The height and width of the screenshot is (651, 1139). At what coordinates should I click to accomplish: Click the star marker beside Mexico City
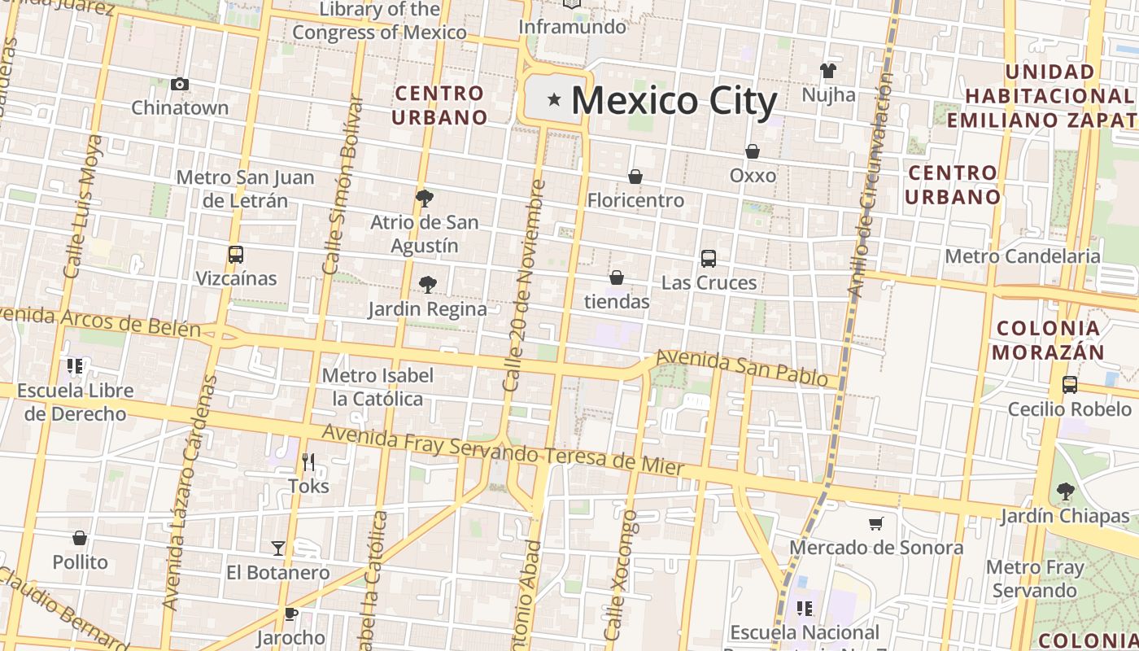coord(554,100)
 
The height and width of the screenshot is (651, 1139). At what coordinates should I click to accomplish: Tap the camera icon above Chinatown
coord(180,84)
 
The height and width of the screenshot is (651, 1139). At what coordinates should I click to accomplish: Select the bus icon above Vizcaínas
coord(236,255)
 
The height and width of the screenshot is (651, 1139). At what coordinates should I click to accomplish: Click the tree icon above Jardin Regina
coord(427,284)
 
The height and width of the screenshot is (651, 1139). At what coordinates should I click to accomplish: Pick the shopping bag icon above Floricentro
coord(635,177)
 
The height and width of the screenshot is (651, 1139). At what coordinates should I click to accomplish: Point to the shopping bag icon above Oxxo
coord(753,151)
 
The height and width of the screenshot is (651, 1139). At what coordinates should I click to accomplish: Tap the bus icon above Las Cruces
coord(709,259)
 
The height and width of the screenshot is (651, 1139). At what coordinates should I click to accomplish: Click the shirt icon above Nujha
coord(828,71)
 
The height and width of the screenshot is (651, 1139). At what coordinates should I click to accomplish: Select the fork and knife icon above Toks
coord(308,462)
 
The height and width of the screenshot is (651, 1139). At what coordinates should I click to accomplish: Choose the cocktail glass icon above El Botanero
coord(278,548)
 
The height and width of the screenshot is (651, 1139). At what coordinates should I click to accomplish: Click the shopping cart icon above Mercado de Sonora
coord(876,523)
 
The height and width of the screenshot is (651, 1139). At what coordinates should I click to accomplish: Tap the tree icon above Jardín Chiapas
coord(1065,492)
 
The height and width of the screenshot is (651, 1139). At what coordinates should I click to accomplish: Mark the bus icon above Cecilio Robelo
coord(1070,384)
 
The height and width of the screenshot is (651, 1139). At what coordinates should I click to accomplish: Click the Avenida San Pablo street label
coord(742,369)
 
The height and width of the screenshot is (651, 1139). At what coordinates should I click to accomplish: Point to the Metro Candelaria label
coord(1022,256)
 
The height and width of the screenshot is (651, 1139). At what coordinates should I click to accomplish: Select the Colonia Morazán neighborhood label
coord(1049,340)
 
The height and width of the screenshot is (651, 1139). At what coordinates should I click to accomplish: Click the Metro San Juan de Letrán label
coord(245,189)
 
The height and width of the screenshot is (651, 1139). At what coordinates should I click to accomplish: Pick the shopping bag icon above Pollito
coord(80,538)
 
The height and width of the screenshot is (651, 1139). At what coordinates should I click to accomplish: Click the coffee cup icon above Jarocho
coord(291,614)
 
